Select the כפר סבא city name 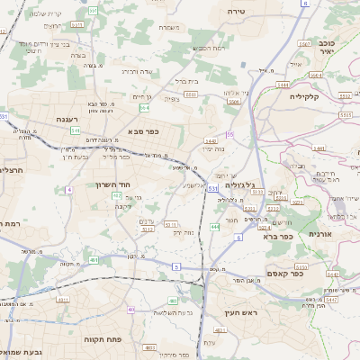coord(143,131)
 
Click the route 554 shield coord(143,108)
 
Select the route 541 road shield coord(75,130)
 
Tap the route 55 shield coord(229,134)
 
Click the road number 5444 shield coord(316,76)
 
